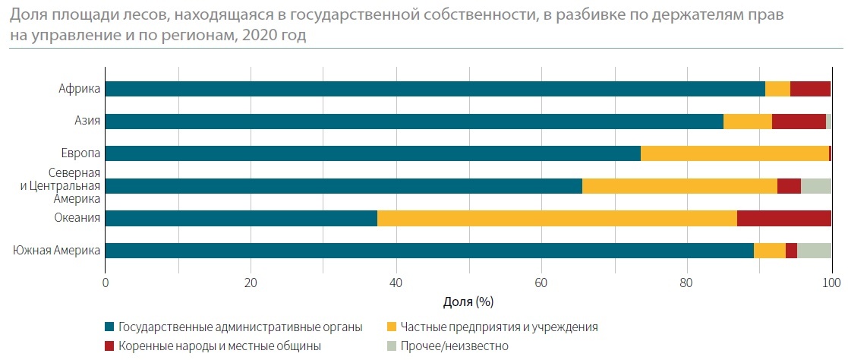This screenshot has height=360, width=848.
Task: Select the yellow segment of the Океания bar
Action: tap(556, 219)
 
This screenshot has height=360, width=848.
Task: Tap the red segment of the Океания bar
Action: tap(783, 219)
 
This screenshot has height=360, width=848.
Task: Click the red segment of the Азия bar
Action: tap(799, 122)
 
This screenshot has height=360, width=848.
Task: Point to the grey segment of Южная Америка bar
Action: tap(814, 251)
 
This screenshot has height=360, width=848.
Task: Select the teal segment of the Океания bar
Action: tap(241, 219)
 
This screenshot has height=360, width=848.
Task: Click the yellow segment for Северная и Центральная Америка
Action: tap(679, 186)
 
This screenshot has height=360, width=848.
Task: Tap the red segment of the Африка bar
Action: tap(810, 89)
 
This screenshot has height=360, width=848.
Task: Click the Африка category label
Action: tap(80, 89)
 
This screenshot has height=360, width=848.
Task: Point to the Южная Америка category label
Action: tap(57, 251)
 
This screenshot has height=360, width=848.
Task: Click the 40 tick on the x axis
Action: tap(396, 282)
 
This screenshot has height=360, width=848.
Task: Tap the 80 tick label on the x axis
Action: tap(686, 282)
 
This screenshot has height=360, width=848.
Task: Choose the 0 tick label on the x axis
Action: tap(105, 282)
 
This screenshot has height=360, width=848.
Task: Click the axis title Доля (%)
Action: tap(468, 302)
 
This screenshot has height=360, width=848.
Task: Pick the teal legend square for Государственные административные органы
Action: tap(109, 327)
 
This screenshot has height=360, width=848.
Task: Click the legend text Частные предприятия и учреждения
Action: tap(500, 327)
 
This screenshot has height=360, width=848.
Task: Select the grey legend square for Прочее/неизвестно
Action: tap(391, 346)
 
